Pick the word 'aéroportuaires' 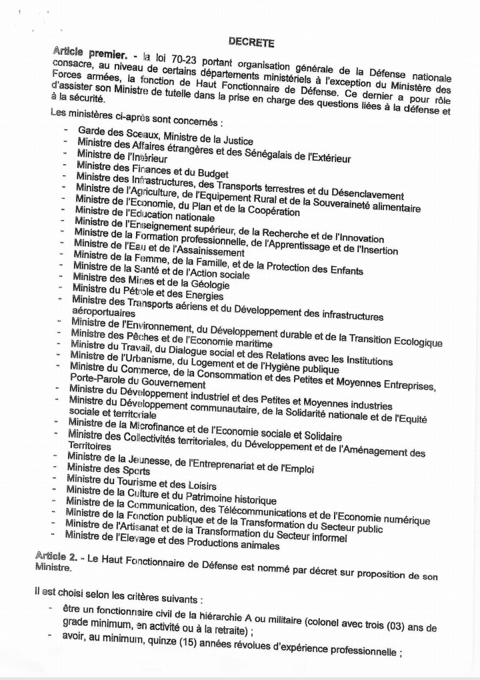103,312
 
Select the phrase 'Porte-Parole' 97,383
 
